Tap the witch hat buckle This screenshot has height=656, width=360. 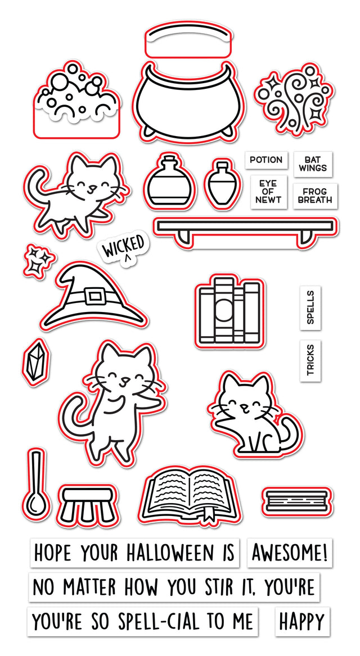click(x=95, y=295)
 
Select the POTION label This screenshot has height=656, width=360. click(x=266, y=160)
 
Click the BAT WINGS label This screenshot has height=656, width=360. click(x=313, y=164)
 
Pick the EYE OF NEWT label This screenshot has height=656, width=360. click(x=267, y=192)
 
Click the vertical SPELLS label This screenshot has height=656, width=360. click(x=310, y=307)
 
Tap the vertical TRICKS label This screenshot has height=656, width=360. click(x=310, y=360)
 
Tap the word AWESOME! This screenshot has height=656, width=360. click(x=289, y=553)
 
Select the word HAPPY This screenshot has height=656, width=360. click(x=302, y=622)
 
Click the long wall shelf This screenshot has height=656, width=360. click(x=245, y=228)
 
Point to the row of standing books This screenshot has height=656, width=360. click(x=228, y=310)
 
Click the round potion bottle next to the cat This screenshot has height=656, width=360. click(x=169, y=180)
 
